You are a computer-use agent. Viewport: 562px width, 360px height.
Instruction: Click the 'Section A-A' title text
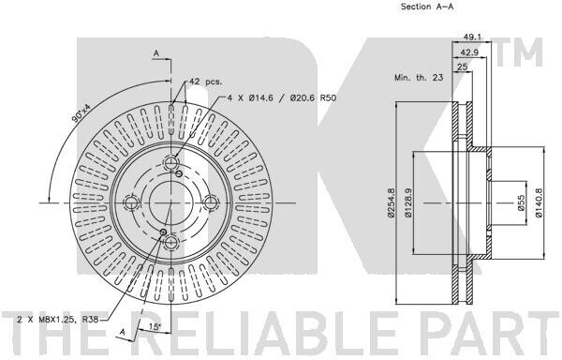[426, 7]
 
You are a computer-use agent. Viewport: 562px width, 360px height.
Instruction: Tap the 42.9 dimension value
[469, 52]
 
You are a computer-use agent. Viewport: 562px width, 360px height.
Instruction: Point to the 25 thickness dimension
[463, 67]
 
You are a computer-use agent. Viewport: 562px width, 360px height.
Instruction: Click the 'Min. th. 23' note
[419, 77]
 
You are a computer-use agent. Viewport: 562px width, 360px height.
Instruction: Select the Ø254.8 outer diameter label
[391, 202]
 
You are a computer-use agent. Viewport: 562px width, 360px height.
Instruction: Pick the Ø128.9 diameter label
[407, 202]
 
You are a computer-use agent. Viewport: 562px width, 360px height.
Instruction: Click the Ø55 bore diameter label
[521, 202]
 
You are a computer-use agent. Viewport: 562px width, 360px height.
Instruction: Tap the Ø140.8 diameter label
[540, 202]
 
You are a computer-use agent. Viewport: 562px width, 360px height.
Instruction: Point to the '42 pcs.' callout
[206, 82]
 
